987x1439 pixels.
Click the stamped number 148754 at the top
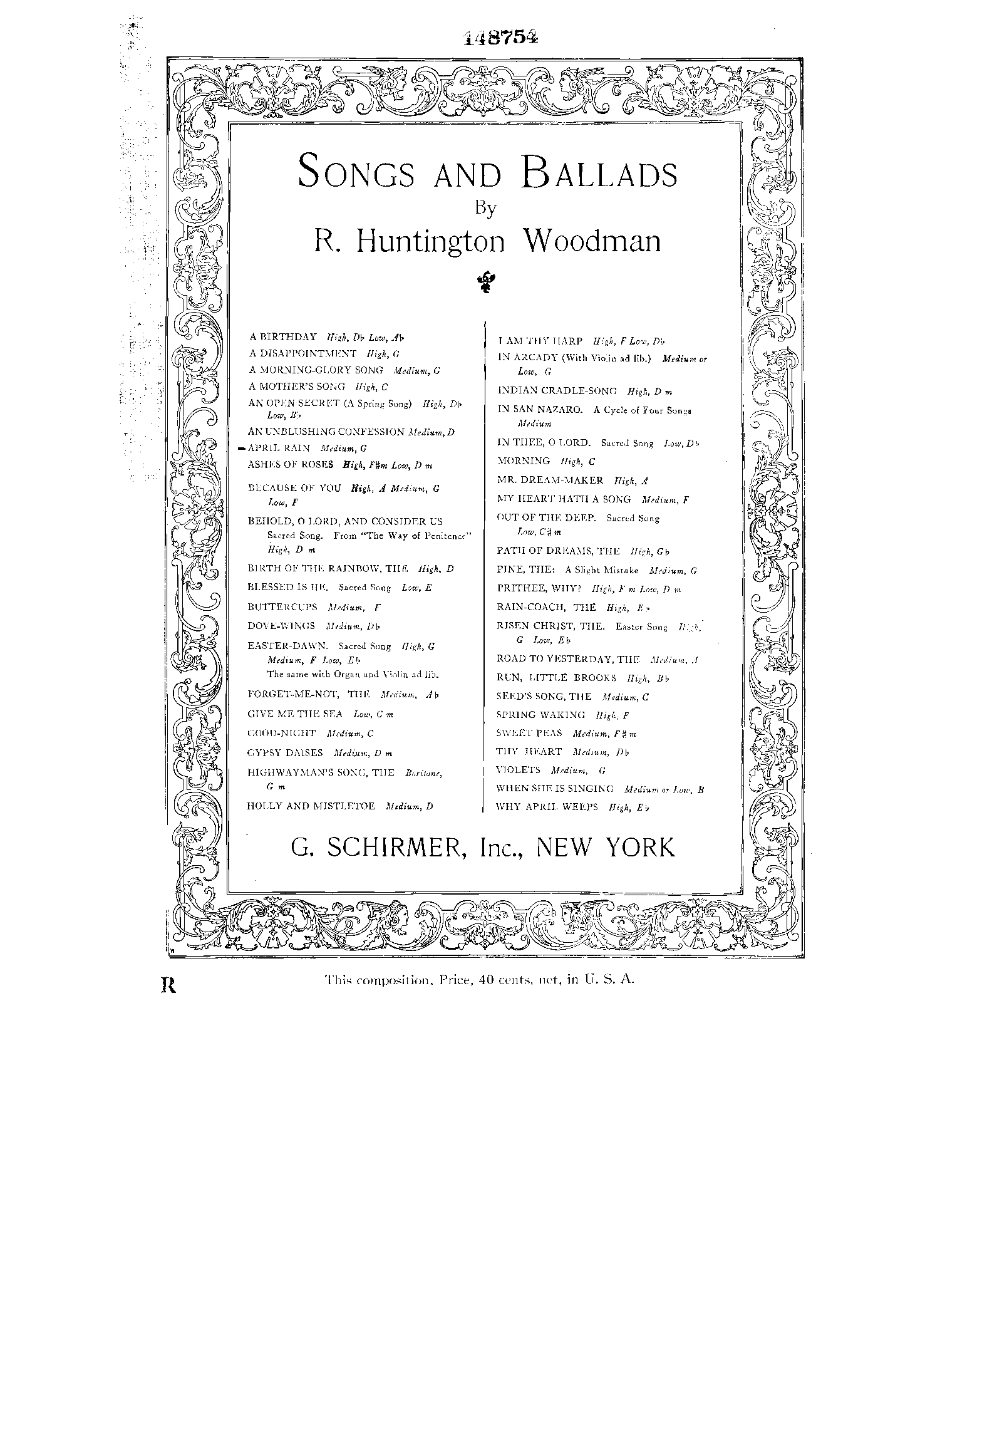(x=501, y=38)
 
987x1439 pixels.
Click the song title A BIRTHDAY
(x=282, y=337)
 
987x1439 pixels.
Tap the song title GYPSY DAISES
(x=285, y=752)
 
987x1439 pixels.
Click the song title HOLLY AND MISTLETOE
(x=311, y=806)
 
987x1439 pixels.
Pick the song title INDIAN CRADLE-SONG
(x=557, y=390)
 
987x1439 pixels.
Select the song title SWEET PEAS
(x=529, y=732)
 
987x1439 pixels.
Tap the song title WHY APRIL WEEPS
(x=546, y=807)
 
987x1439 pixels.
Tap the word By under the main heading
(x=485, y=208)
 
